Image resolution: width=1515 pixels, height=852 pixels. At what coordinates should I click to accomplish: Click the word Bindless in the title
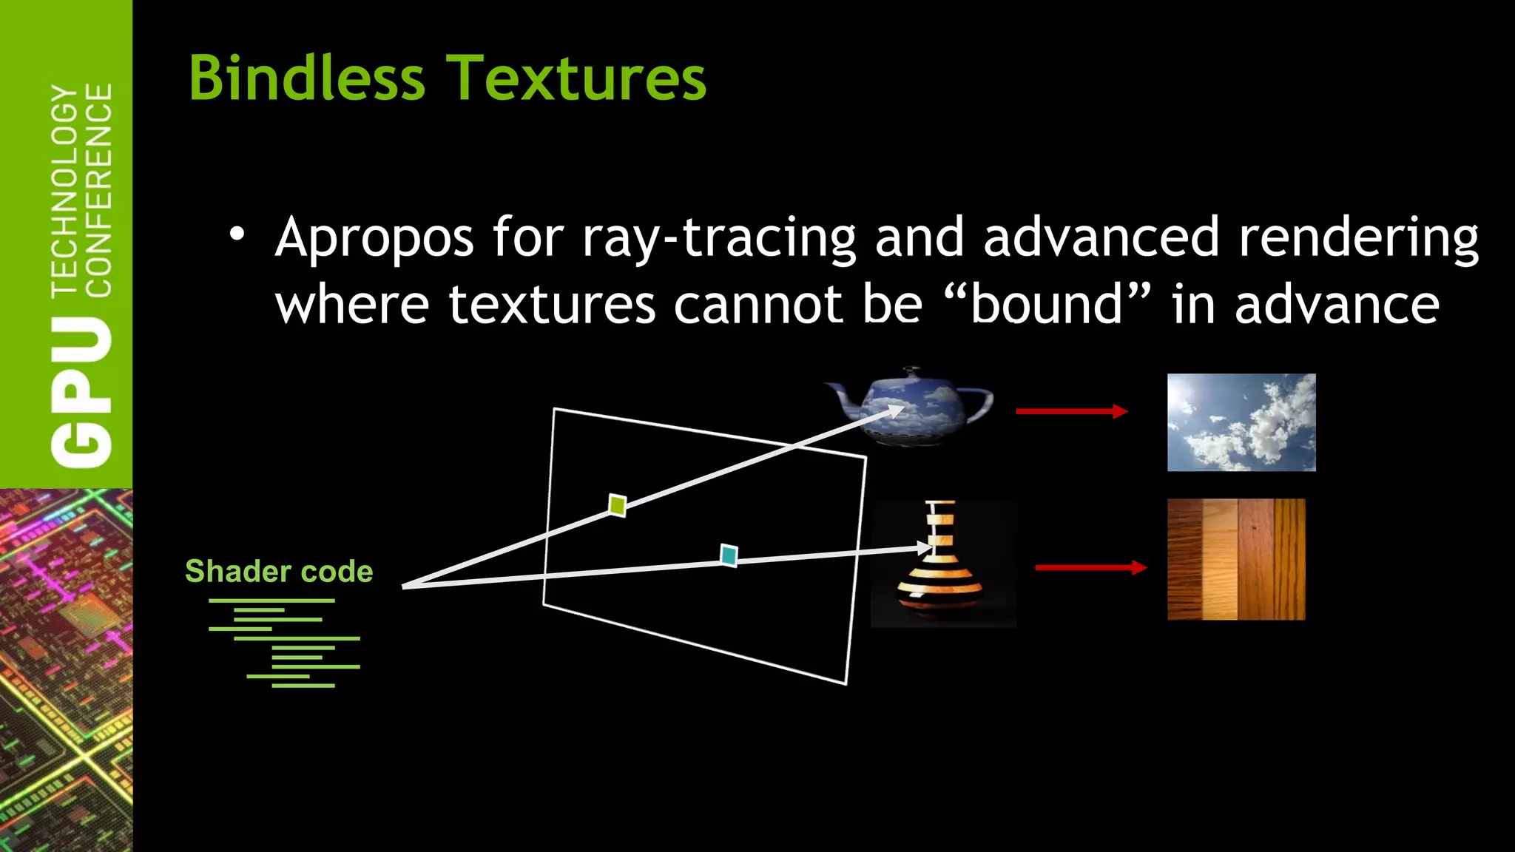click(x=307, y=78)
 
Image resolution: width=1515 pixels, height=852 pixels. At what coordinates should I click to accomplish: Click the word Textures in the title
click(x=578, y=78)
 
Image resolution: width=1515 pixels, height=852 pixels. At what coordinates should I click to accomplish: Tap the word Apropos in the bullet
click(x=374, y=238)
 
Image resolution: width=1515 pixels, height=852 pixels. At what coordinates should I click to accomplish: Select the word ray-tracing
click(x=718, y=238)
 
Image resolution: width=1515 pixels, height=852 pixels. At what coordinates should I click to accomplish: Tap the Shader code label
click(x=279, y=571)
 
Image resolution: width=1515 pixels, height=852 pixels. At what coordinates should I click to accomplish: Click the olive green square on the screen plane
click(x=617, y=505)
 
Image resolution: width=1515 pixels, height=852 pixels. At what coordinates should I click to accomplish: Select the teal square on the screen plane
click(x=729, y=555)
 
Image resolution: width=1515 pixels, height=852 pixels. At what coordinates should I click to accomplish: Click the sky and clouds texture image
click(x=1241, y=422)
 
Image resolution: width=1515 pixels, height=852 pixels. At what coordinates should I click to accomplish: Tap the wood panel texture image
click(x=1236, y=559)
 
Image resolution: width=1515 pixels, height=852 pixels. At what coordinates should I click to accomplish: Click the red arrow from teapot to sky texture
click(x=1071, y=411)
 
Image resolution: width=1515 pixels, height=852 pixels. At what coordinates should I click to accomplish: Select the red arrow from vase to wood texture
click(x=1090, y=567)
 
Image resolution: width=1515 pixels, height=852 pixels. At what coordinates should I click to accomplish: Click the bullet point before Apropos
click(x=236, y=235)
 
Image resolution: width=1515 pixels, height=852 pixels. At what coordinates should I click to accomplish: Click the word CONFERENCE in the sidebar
click(x=99, y=190)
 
